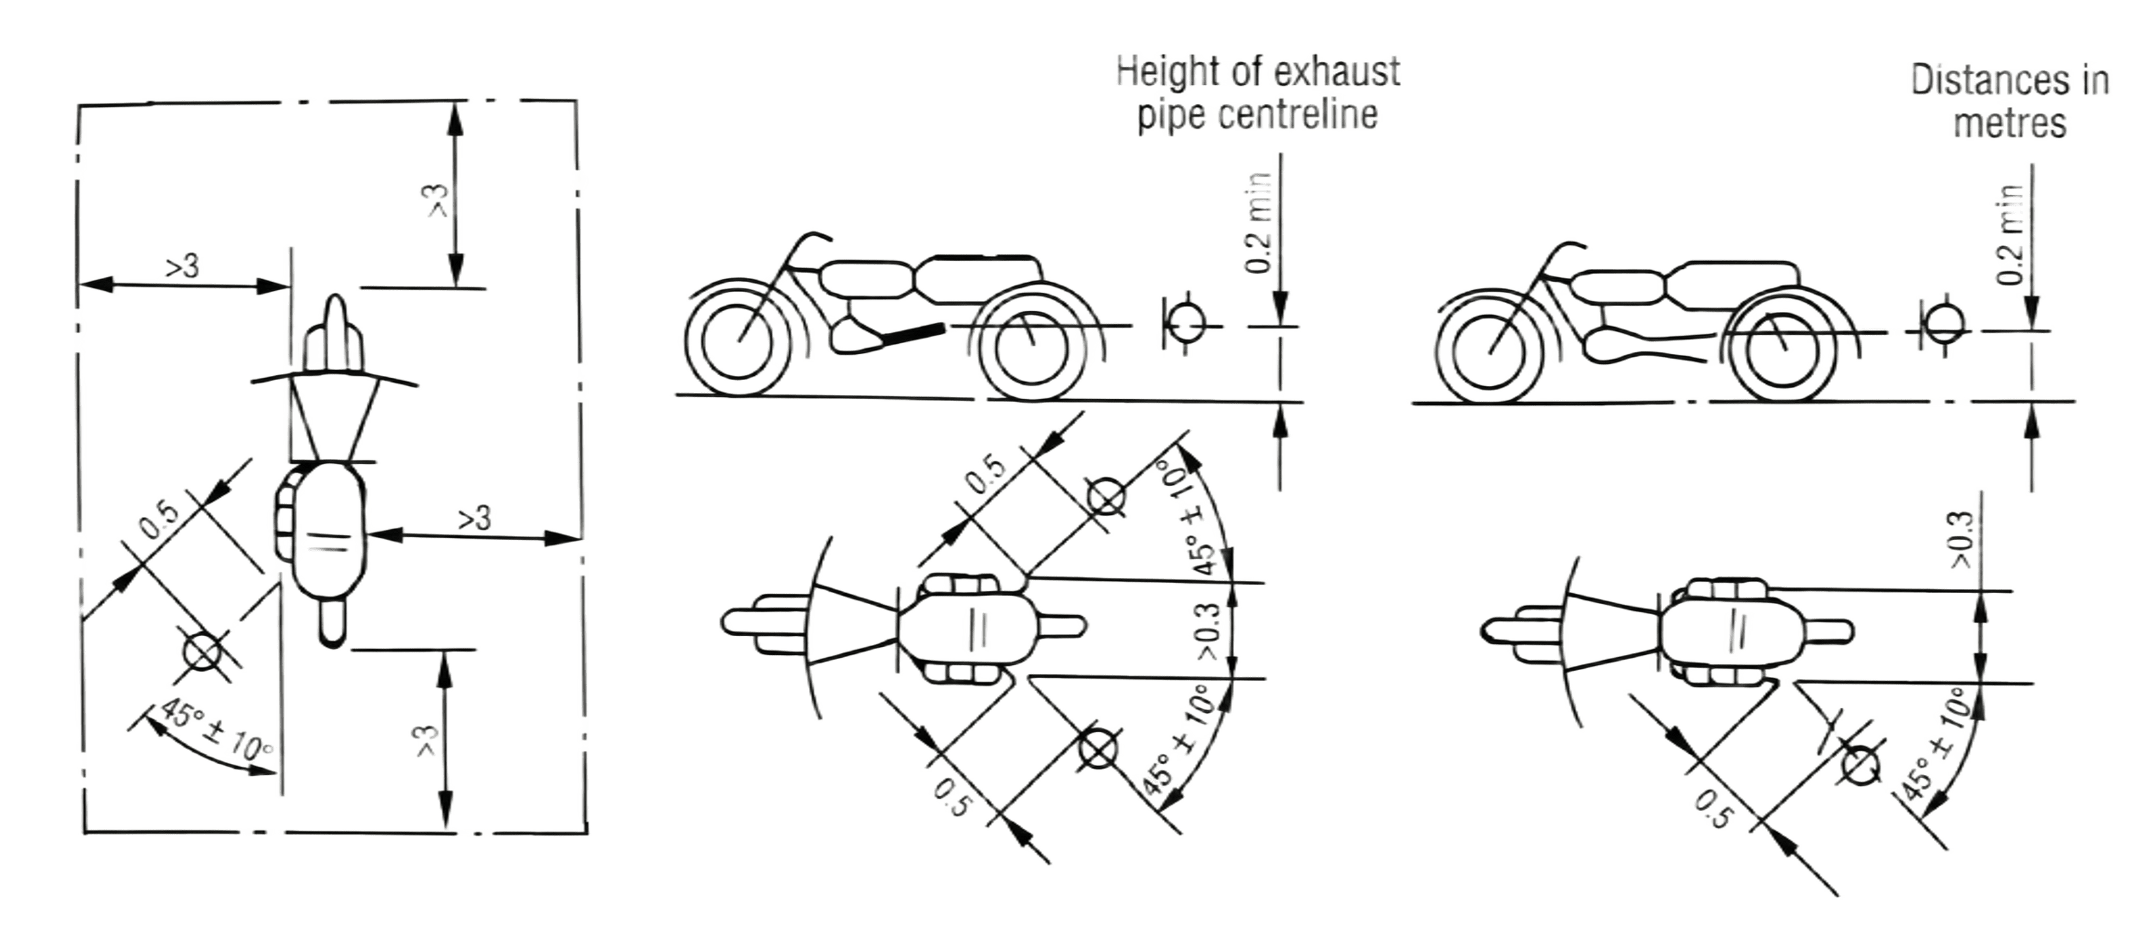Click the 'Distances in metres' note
[x=2010, y=102]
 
